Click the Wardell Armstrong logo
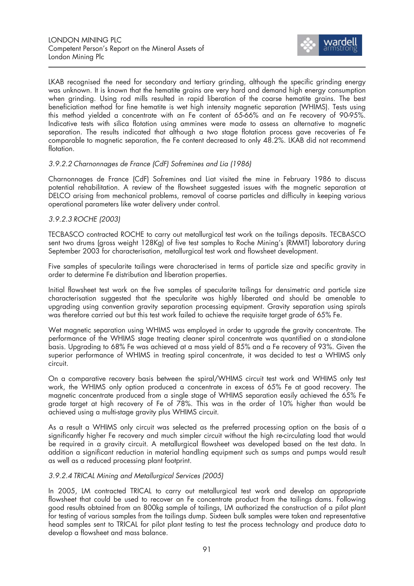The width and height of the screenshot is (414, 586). pos(329,45)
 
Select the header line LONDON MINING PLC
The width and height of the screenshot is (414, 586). pos(85,40)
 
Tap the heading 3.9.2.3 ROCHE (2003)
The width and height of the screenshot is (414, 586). pos(84,219)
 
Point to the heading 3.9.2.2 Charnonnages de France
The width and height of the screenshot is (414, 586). pos(150,164)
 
